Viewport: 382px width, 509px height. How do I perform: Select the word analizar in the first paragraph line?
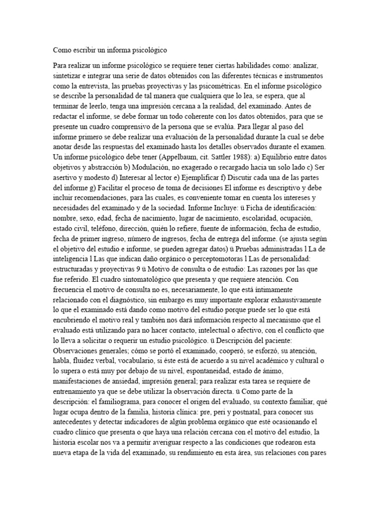tap(311, 66)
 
